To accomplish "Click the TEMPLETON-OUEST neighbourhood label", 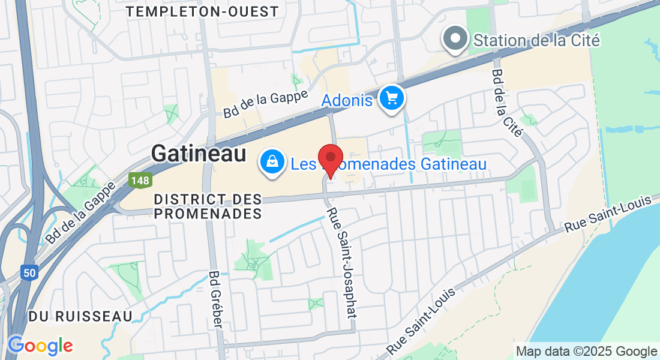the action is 203,11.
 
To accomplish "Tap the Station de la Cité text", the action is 536,40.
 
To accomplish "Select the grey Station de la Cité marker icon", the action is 455,38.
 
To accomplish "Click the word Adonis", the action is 347,100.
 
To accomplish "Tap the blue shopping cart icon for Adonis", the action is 392,97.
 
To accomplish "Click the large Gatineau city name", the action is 199,154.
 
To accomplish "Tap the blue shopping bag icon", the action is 272,161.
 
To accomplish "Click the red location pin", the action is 330,159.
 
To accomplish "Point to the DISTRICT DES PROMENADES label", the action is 208,206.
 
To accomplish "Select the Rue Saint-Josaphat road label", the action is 341,263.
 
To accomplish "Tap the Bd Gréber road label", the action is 215,299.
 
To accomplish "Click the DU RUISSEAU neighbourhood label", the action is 80,316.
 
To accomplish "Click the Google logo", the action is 40,346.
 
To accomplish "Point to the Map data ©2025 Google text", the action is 586,352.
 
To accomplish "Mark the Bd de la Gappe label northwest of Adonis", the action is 265,103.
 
